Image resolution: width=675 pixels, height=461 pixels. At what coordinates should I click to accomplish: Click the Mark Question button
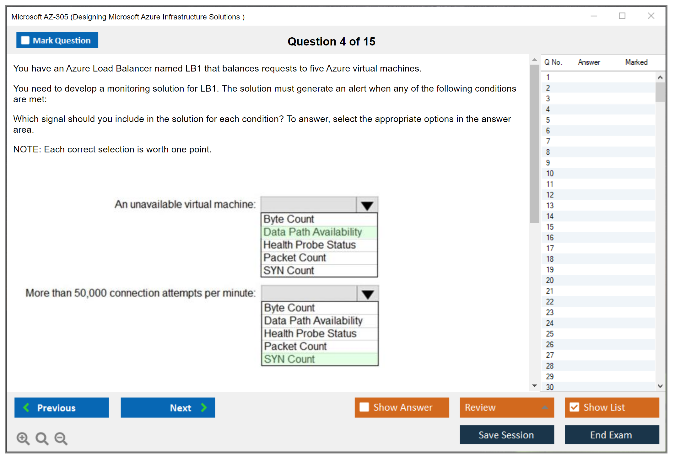point(57,40)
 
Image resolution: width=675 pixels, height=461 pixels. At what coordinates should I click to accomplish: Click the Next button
point(168,407)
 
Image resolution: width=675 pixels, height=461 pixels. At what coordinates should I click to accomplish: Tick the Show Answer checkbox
point(364,407)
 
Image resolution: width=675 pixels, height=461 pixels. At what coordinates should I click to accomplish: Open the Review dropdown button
point(507,407)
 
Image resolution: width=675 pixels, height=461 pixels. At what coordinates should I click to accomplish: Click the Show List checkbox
point(574,407)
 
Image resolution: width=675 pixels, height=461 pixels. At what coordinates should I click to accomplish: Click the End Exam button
point(612,435)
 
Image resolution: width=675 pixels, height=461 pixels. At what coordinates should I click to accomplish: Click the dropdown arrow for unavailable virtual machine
point(367,205)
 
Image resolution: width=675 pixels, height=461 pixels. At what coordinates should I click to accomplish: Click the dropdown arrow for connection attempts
point(368,294)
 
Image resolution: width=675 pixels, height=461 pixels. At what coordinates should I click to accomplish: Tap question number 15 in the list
point(550,227)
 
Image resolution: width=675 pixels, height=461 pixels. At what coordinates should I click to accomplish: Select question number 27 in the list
point(550,355)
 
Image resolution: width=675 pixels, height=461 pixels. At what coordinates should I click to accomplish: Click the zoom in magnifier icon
point(23,438)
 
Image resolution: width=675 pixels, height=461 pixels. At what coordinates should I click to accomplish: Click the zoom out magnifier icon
point(61,438)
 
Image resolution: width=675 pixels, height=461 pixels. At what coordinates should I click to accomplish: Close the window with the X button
point(651,16)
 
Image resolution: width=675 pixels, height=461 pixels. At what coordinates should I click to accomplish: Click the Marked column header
point(636,62)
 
